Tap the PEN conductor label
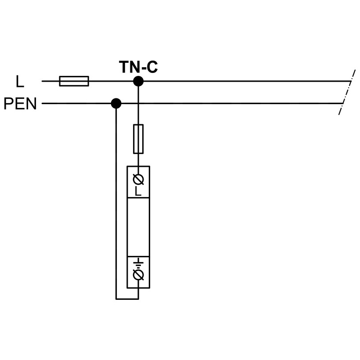tap(20, 104)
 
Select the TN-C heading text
tap(138, 67)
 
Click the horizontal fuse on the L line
tap(74, 81)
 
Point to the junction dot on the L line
tap(138, 81)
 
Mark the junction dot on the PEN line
tap(116, 104)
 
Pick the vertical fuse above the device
tap(138, 139)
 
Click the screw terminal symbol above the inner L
tap(138, 180)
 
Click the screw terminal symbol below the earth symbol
tap(138, 275)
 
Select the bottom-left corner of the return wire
tap(116, 299)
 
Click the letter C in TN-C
tap(152, 67)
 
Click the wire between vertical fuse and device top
tap(138, 160)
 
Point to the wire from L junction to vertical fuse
tap(138, 105)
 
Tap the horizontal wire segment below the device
tap(127, 299)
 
